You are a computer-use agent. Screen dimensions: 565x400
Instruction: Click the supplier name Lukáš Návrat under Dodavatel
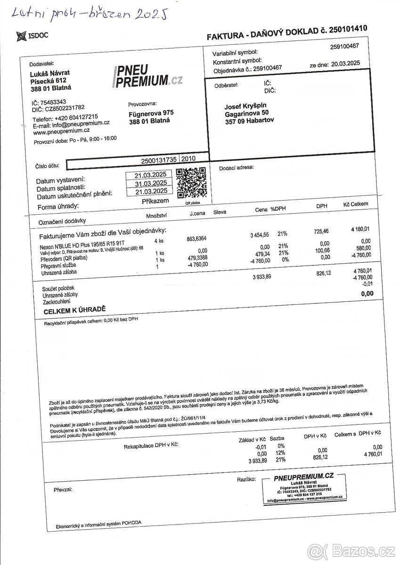pyautogui.click(x=49, y=73)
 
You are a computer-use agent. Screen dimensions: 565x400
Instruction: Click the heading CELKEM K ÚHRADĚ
pyautogui.click(x=74, y=312)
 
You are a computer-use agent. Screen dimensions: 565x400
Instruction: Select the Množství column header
pyautogui.click(x=157, y=215)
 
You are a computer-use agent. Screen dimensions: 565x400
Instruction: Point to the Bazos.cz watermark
pyautogui.click(x=351, y=550)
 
